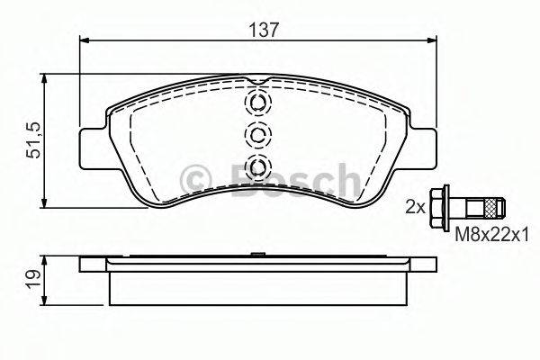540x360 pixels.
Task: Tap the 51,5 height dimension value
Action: coord(35,140)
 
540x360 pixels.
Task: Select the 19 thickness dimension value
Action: coord(34,279)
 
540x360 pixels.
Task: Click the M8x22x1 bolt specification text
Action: coord(491,236)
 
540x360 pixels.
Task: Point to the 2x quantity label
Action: coord(415,207)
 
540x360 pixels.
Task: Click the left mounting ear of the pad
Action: coord(93,148)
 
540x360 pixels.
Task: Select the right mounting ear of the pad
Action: coord(424,148)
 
